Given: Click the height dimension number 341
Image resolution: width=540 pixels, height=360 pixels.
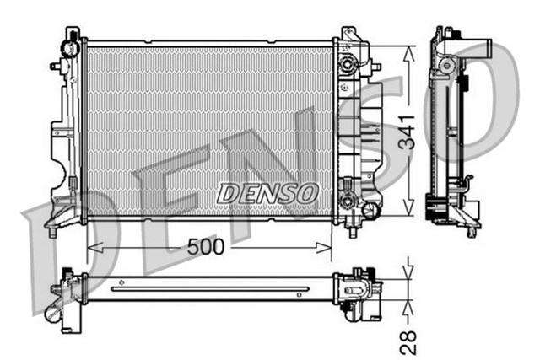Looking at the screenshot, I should coord(408,130).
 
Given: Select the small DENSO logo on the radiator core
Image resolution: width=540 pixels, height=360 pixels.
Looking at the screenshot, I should coord(267,193).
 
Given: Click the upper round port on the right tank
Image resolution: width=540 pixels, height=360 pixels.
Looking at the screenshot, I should coord(346,64).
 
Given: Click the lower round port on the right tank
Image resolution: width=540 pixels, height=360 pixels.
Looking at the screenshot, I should coord(346,203).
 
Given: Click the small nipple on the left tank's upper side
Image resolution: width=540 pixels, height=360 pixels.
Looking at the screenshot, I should coord(55,66).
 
